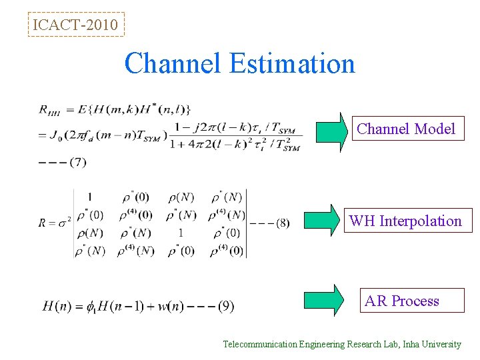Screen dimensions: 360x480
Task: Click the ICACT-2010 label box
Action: click(76, 25)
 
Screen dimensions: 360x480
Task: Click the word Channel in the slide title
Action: click(174, 64)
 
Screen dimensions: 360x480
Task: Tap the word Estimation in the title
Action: click(292, 64)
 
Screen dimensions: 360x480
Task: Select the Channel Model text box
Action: click(406, 129)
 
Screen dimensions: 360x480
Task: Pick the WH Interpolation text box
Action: click(405, 221)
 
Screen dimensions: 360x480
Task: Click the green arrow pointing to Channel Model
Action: click(331, 132)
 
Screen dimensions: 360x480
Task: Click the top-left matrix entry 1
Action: click(89, 197)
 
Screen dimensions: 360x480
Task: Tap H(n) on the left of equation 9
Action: click(57, 307)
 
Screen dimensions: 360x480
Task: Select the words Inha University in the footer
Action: click(429, 345)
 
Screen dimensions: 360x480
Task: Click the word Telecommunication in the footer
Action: click(259, 345)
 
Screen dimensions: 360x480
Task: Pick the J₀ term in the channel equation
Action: click(57, 136)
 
